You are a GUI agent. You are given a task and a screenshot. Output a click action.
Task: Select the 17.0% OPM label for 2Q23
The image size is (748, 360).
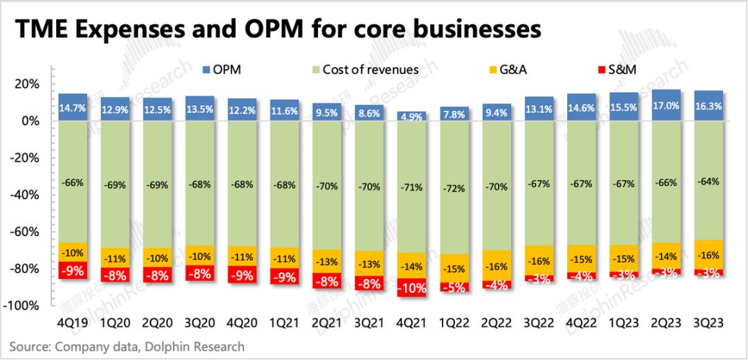[x=666, y=107]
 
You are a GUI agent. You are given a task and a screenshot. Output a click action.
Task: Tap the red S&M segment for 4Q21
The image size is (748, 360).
[x=412, y=287]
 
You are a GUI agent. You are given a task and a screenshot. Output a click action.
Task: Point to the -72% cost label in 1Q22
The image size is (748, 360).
[x=454, y=188]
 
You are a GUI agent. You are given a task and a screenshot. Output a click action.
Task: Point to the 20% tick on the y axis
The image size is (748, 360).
[x=26, y=84]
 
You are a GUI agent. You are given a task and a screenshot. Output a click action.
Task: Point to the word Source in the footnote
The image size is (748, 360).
[x=28, y=345]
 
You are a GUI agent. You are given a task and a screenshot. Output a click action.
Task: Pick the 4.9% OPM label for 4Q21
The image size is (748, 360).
[x=412, y=116]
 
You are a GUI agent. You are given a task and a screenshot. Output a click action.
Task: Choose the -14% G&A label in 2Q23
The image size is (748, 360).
[x=666, y=255]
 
